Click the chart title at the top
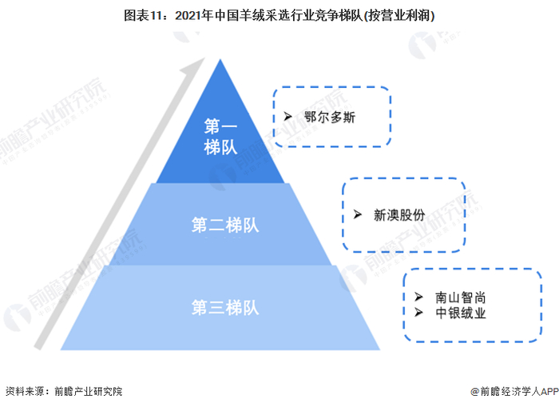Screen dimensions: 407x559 tap(279, 15)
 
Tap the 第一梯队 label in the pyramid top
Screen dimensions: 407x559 tap(220, 137)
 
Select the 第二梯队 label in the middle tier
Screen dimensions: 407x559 tap(225, 225)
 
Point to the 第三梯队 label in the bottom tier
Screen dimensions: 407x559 tap(225, 307)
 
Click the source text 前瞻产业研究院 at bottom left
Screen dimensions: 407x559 tap(89, 392)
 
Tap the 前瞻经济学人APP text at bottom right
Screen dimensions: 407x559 tap(516, 392)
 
